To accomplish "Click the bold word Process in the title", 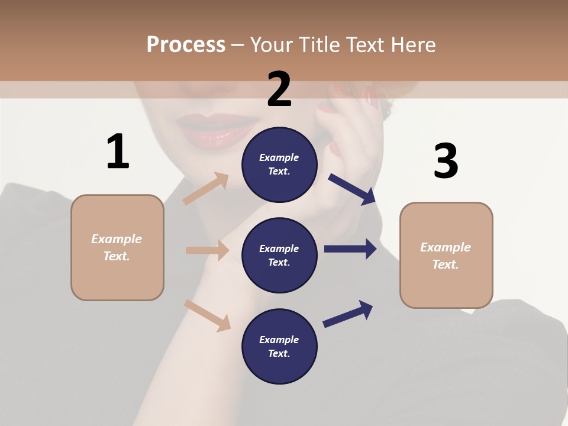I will [x=186, y=44].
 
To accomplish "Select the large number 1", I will [x=118, y=151].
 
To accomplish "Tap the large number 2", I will [x=279, y=89].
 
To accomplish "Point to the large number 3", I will [x=446, y=162].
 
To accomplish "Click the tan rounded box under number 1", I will [x=117, y=247].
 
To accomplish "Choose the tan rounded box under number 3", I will [x=446, y=255].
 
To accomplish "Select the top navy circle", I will [x=279, y=164].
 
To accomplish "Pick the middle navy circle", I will [x=279, y=256].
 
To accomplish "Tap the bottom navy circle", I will [x=279, y=347].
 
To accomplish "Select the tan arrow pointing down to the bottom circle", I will [x=207, y=315].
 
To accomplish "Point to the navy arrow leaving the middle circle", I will [x=350, y=249].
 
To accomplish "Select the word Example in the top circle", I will [x=279, y=157].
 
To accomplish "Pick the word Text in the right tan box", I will [x=445, y=264].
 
